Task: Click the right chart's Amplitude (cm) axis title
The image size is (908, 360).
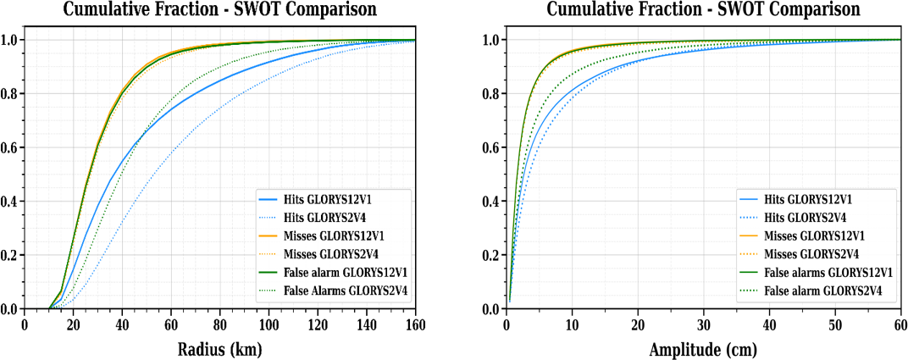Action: click(702, 349)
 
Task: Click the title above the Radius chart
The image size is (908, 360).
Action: click(220, 9)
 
